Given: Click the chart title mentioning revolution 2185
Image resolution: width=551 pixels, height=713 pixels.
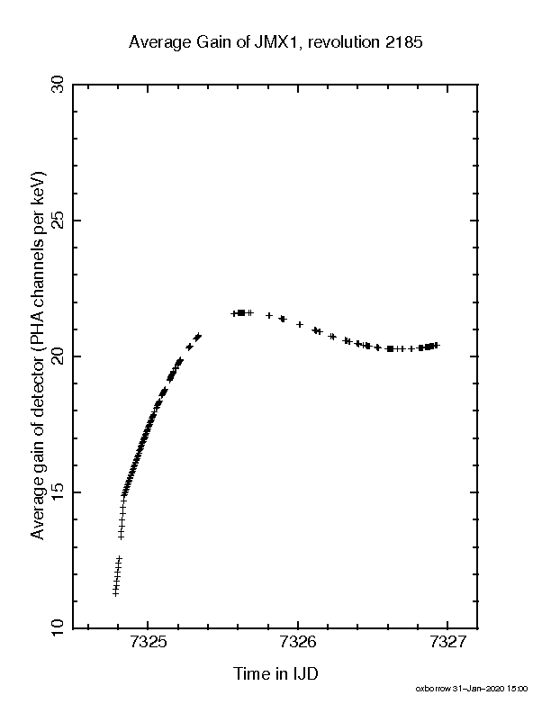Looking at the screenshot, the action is click(275, 42).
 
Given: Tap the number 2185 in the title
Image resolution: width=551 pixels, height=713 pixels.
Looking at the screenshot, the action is click(404, 41).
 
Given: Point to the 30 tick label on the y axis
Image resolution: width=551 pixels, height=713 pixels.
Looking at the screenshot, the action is click(58, 84).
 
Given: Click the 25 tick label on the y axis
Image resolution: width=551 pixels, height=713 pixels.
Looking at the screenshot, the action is click(58, 220).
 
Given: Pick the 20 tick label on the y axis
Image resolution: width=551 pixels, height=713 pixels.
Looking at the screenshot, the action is click(58, 356).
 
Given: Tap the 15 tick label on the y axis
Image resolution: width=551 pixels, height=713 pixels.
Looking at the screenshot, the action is click(58, 492).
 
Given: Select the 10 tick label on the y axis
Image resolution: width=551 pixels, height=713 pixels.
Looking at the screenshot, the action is click(58, 628).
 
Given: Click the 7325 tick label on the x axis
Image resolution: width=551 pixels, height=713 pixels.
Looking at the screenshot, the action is click(149, 642).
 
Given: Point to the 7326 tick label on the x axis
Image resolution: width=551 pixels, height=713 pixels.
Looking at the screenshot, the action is click(298, 642).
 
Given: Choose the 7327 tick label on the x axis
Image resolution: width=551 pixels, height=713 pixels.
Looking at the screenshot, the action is click(447, 642).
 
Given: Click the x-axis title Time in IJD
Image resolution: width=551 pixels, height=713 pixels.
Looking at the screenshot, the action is click(275, 673).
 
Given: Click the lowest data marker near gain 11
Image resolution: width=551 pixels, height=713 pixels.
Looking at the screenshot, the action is click(115, 593).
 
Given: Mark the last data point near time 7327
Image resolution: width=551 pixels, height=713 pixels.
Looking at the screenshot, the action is click(436, 346).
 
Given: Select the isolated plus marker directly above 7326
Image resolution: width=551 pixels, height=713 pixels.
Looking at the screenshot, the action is click(300, 324).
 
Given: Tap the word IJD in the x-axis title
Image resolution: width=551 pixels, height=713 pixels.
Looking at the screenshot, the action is click(303, 673).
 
